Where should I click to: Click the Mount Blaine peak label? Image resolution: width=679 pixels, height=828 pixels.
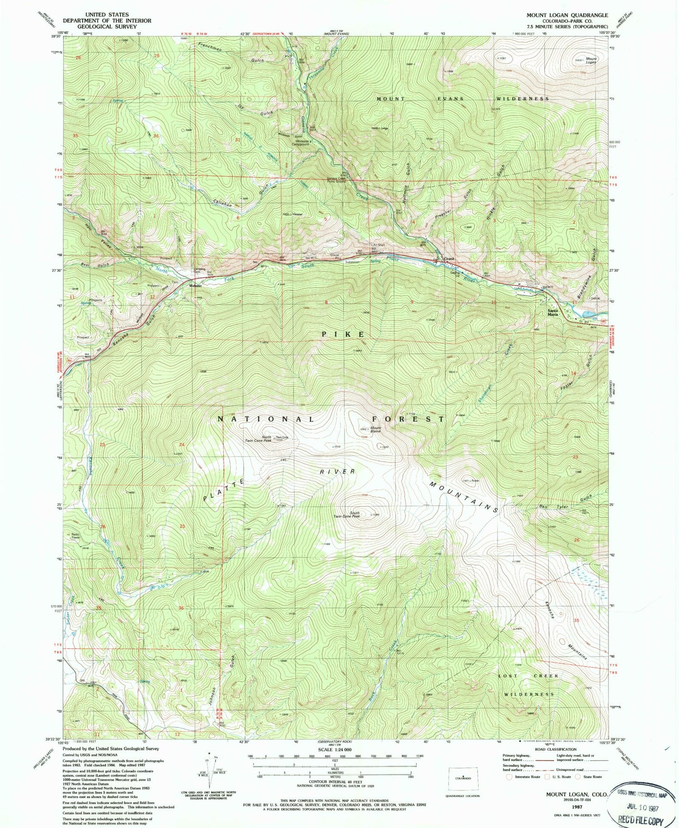(x=376, y=430)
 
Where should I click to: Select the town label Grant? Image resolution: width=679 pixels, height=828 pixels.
(x=449, y=259)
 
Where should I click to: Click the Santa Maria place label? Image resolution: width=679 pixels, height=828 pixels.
(x=553, y=312)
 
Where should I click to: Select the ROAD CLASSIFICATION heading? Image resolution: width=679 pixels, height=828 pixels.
(x=551, y=749)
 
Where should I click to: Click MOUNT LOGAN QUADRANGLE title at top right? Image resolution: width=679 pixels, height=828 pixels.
(x=567, y=15)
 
